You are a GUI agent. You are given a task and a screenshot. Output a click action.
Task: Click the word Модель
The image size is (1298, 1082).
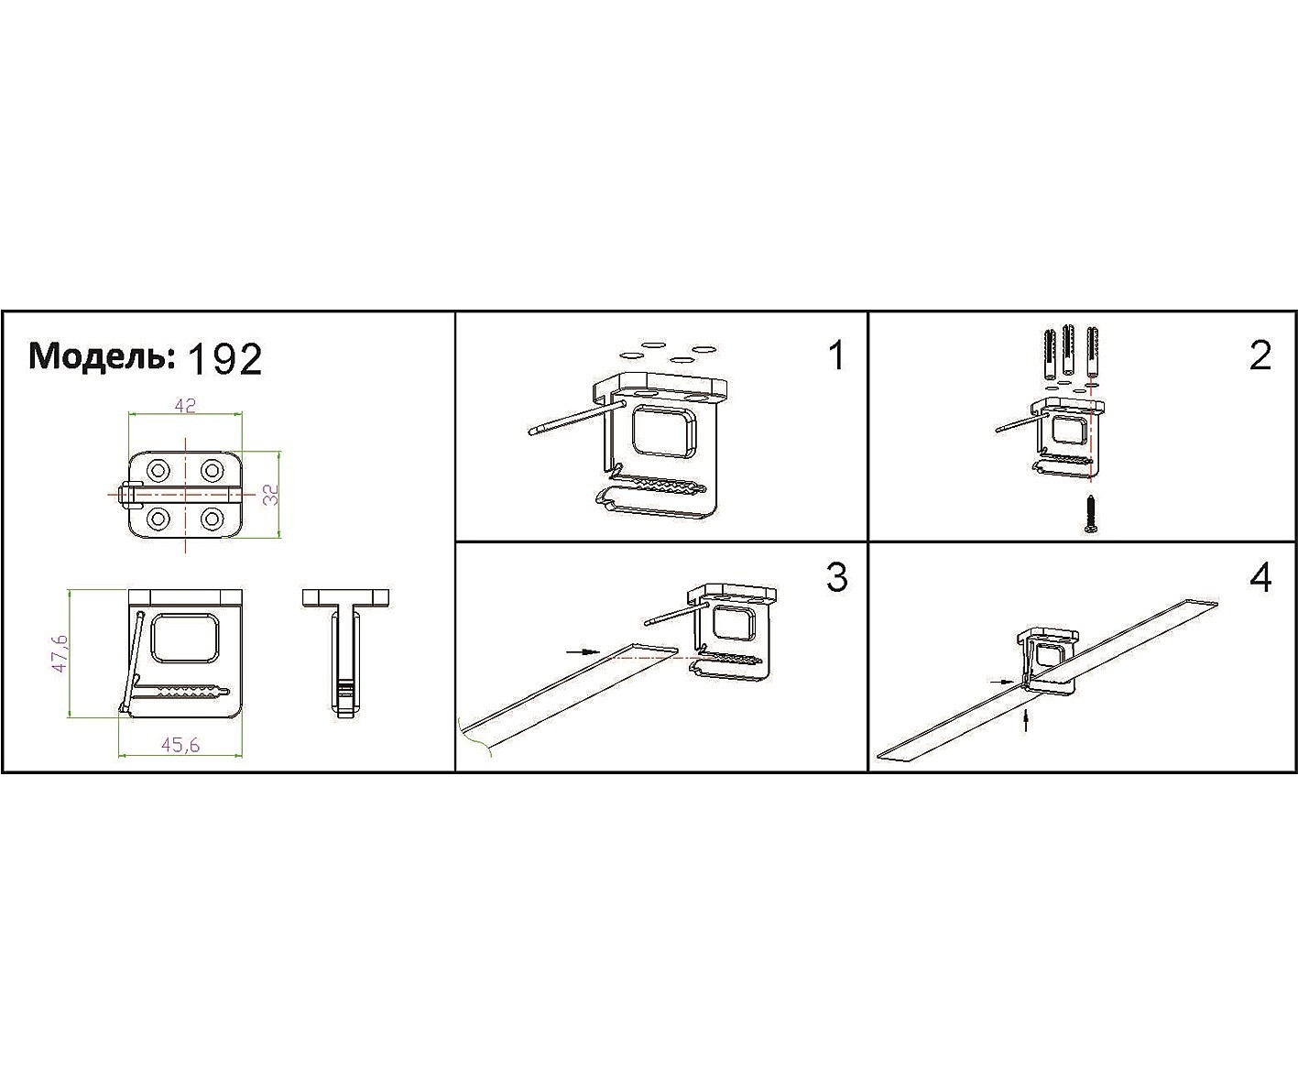click(x=102, y=357)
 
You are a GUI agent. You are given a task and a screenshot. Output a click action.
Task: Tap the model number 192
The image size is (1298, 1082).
click(x=224, y=359)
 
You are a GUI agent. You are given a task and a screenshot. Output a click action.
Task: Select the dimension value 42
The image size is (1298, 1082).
click(x=185, y=406)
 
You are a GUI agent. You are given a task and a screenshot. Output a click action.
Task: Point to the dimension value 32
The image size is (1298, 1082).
click(x=270, y=495)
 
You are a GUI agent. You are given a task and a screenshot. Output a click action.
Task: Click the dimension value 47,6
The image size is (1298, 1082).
click(x=60, y=652)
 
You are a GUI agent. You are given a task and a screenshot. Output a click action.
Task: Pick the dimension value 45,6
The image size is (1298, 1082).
click(x=180, y=745)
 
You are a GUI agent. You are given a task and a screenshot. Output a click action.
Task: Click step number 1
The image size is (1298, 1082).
click(x=836, y=355)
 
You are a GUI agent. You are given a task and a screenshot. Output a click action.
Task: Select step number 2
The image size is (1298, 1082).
click(x=1260, y=355)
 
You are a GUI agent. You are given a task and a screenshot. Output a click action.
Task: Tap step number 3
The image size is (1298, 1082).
click(x=836, y=578)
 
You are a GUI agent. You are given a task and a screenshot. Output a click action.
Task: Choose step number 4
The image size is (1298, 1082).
click(x=1260, y=578)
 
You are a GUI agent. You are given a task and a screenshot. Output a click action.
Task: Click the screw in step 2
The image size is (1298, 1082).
click(x=1091, y=514)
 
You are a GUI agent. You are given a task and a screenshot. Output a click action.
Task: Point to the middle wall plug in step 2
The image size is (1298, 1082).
click(x=1069, y=351)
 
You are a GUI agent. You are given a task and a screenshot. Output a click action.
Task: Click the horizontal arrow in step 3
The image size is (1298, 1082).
click(x=584, y=651)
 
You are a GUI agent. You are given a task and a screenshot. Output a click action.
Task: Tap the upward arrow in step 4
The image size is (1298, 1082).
click(x=1026, y=721)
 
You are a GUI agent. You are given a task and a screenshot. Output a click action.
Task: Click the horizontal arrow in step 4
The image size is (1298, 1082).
click(x=1003, y=682)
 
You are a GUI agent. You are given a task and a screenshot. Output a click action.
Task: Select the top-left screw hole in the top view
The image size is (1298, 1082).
click(x=158, y=470)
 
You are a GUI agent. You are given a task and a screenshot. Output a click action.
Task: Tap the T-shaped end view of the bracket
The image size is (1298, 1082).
click(x=345, y=653)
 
